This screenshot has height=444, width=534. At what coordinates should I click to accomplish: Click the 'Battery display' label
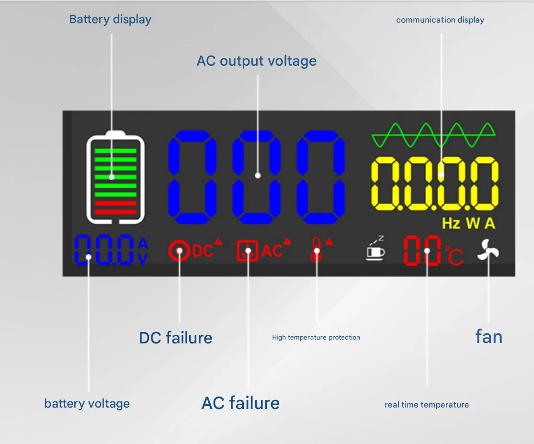coord(110,20)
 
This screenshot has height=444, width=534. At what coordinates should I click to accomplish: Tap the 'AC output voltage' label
coord(257,61)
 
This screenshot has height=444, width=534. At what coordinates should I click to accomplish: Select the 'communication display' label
coord(440,20)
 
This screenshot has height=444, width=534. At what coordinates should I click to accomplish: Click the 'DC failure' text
coord(175,338)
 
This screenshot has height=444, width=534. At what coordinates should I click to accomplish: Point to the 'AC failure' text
coord(240,403)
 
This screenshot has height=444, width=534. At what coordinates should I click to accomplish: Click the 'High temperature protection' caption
coord(316,338)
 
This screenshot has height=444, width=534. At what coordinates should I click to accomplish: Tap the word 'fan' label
coord(489,337)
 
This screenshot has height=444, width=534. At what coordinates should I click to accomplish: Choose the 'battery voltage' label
coord(87,403)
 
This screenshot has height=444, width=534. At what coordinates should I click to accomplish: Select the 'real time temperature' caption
coord(427,405)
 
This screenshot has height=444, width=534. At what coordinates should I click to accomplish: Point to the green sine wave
coord(433,135)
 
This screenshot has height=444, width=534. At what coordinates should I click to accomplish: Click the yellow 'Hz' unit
coord(451,224)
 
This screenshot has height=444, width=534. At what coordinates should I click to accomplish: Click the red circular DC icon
coord(179,250)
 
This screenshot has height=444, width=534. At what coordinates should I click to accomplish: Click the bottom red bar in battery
coord(115,212)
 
